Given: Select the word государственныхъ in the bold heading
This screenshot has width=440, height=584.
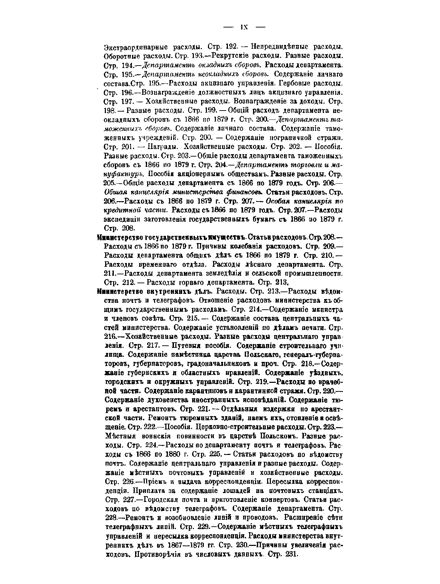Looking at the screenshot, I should [175, 237].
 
